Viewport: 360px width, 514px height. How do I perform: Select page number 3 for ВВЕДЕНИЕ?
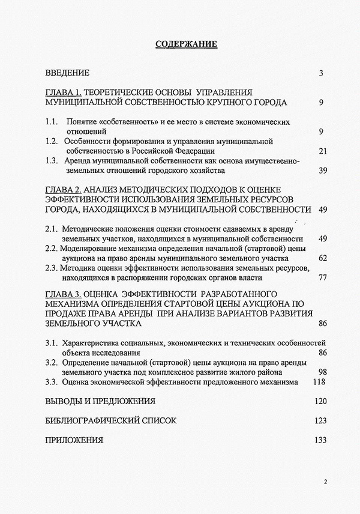(322, 73)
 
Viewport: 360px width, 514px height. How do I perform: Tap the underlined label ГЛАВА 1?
(62, 92)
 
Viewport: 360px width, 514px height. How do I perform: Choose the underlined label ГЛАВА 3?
(62, 294)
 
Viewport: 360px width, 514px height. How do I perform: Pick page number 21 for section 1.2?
(322, 150)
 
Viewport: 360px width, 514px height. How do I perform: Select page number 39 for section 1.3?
(322, 171)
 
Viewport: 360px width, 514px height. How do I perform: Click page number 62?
(322, 258)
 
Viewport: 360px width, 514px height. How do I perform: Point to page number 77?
(322, 279)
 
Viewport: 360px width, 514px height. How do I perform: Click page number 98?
(322, 372)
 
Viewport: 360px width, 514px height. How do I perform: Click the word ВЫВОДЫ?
(67, 401)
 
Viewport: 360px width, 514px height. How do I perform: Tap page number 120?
(319, 401)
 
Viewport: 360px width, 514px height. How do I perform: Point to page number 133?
(319, 440)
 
